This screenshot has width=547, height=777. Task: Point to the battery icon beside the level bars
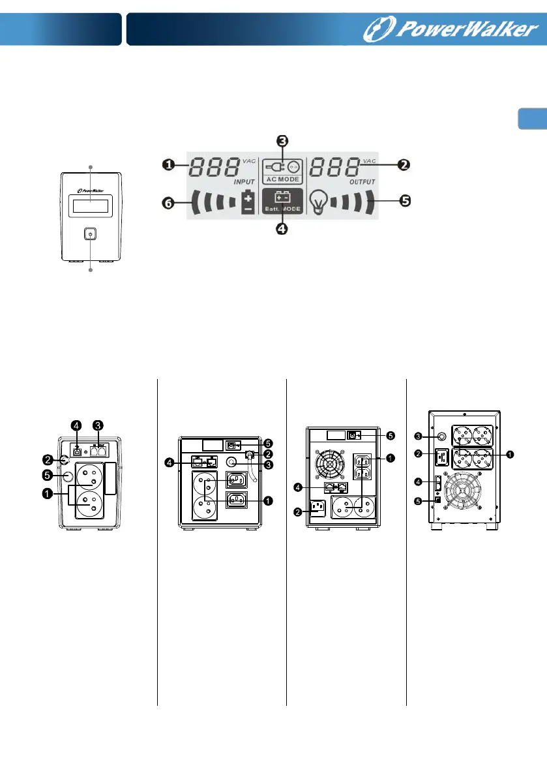(248, 202)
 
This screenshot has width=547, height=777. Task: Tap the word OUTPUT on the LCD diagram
(345, 182)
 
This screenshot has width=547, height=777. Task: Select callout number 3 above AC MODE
(282, 142)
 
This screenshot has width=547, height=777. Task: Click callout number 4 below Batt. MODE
(282, 229)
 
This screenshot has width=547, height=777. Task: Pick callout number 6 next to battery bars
(168, 203)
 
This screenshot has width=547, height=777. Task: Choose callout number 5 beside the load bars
(404, 200)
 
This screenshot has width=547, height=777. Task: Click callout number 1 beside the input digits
(168, 165)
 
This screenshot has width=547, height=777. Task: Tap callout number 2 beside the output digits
(404, 165)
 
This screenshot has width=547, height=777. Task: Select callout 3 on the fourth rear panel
(422, 435)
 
